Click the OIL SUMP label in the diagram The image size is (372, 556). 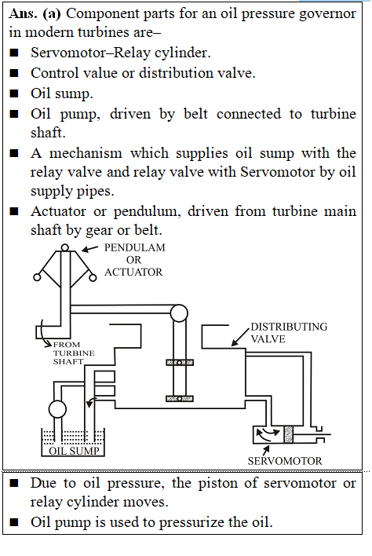[x=74, y=451]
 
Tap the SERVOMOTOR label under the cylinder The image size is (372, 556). [x=285, y=461]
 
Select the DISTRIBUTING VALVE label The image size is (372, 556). [x=289, y=333]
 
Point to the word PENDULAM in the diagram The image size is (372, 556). [x=135, y=247]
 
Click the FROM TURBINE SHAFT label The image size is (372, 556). [x=74, y=353]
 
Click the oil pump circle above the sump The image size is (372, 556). [x=57, y=409]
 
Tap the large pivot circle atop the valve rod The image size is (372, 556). [x=179, y=313]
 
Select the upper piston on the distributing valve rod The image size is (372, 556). [x=180, y=362]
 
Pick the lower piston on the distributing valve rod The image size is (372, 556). [x=180, y=399]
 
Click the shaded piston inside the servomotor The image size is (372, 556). [x=288, y=434]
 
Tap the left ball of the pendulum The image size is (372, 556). [x=37, y=277]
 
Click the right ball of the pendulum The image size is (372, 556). [x=93, y=278]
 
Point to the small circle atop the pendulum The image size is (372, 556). [x=65, y=247]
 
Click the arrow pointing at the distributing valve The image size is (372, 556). [x=241, y=337]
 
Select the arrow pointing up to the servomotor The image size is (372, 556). [x=266, y=450]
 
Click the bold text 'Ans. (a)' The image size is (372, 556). [x=35, y=13]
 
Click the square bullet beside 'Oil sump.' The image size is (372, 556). [x=14, y=93]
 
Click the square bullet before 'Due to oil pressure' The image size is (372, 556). [x=14, y=483]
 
